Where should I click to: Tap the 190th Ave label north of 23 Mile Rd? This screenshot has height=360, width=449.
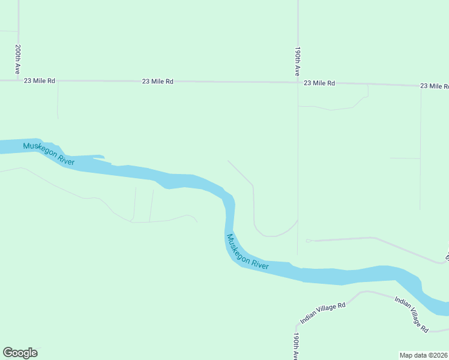(x=297, y=61)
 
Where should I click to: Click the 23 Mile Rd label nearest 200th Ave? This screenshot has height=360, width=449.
(x=40, y=80)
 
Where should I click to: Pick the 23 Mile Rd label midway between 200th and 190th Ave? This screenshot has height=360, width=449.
(x=158, y=81)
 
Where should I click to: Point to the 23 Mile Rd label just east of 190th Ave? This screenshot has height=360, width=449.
(x=319, y=83)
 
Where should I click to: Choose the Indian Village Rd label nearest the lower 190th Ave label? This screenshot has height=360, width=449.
(x=323, y=313)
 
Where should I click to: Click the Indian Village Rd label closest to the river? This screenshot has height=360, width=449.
(x=411, y=314)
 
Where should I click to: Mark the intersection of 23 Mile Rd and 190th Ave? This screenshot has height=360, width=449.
(x=298, y=83)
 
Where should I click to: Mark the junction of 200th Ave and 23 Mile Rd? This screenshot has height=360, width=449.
(x=19, y=80)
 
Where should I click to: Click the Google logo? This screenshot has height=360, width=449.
(x=20, y=353)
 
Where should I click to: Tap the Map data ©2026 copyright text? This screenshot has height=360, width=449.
(x=424, y=355)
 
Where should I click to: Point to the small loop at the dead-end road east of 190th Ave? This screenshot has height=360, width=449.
(x=309, y=241)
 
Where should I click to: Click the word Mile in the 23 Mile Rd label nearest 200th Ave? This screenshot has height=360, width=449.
(x=40, y=80)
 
